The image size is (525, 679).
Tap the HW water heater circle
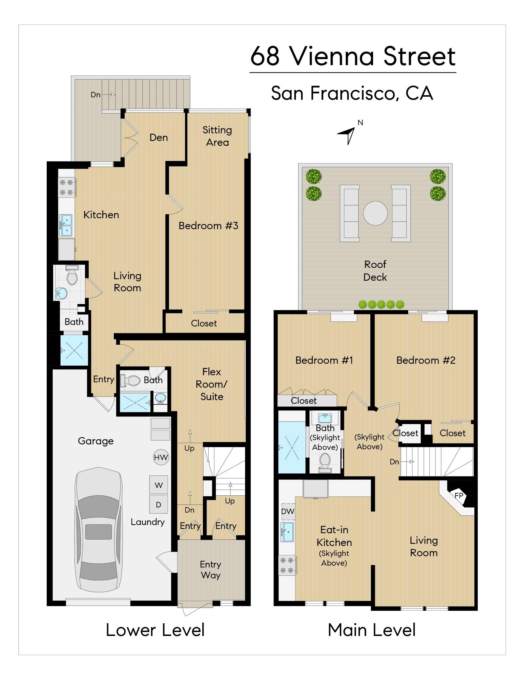(161, 457)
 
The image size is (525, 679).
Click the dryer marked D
(159, 505)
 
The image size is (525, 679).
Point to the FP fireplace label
(459, 496)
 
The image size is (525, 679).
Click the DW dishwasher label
(288, 511)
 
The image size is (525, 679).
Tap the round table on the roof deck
(375, 213)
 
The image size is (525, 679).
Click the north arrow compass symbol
(348, 135)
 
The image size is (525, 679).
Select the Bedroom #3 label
(208, 226)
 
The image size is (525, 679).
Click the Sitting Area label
(217, 136)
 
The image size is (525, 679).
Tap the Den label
(159, 137)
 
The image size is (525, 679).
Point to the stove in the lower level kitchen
(66, 187)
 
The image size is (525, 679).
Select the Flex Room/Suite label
(211, 384)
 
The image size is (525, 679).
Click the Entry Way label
(210, 570)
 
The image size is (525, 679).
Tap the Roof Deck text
(375, 270)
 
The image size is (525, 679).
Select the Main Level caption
(371, 630)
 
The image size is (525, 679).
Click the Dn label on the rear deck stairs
(96, 95)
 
